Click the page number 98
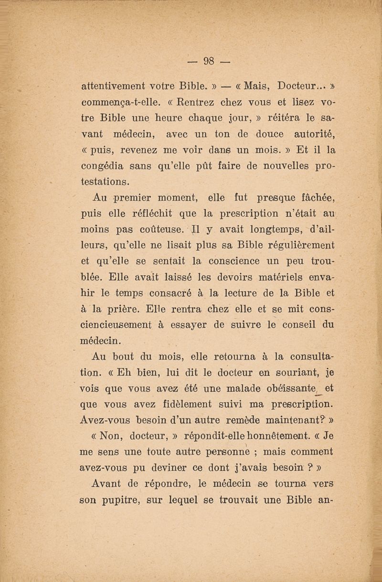209,61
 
